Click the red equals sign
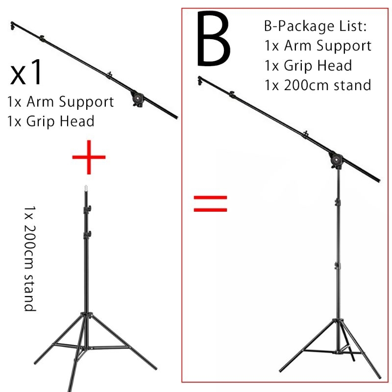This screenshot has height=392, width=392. (x=211, y=203)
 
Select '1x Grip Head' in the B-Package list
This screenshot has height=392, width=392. (x=308, y=65)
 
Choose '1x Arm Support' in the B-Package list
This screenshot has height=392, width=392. (x=318, y=46)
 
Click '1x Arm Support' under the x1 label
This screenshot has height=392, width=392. (x=61, y=102)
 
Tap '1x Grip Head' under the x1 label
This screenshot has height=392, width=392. (x=51, y=121)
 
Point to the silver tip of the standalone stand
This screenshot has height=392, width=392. (x=86, y=188)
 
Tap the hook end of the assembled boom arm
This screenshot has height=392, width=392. (x=200, y=79)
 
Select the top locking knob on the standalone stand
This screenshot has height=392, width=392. (x=88, y=210)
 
